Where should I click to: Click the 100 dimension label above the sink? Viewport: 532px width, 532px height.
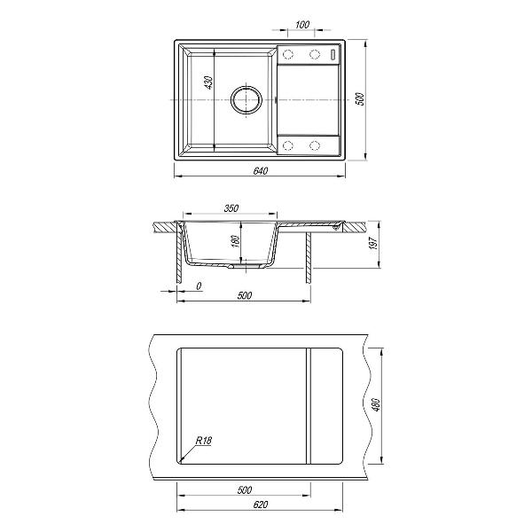pos(302,25)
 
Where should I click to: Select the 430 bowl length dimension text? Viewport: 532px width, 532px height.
pos(209,82)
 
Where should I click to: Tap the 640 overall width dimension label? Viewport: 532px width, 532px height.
pos(261,170)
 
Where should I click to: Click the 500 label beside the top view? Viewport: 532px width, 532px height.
pos(360,98)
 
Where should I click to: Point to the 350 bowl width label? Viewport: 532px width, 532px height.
pos(231,208)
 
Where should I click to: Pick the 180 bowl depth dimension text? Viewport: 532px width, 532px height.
pos(236,241)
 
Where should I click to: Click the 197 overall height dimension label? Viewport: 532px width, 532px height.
pos(373,243)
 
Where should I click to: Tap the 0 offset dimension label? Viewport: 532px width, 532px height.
pos(199,286)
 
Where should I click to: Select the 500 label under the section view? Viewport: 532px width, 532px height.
pos(245,295)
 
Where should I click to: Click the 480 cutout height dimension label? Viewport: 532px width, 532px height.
pos(376,404)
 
